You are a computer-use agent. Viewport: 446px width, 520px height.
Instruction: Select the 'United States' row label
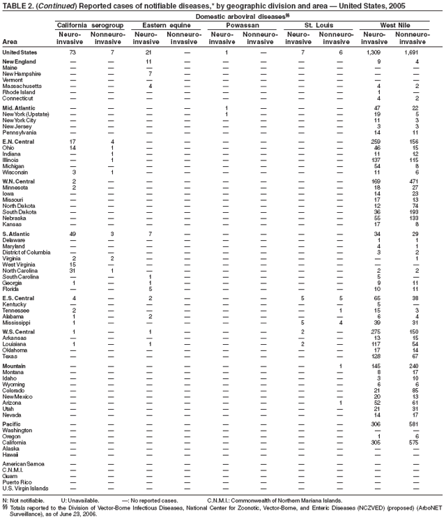[20, 52]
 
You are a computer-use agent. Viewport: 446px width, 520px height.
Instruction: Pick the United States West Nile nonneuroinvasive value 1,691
[411, 52]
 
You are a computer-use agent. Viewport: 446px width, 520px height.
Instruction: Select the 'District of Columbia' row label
[29, 251]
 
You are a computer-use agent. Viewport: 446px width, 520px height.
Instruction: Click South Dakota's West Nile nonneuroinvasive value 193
[413, 212]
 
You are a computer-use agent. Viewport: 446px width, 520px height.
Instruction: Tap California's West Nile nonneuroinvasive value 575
[413, 442]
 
